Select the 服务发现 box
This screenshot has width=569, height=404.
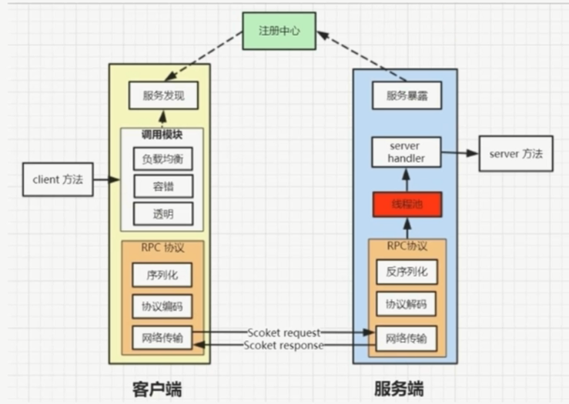click(x=163, y=95)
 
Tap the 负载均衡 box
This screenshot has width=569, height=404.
click(x=162, y=159)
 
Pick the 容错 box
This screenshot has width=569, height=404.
click(x=162, y=185)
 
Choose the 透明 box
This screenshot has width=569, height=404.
click(x=162, y=212)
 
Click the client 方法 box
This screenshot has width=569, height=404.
click(x=58, y=179)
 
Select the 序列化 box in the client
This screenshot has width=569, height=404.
click(x=162, y=275)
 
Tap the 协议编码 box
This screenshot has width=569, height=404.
click(x=162, y=306)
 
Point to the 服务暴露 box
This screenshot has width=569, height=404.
click(x=406, y=96)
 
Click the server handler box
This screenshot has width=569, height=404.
click(x=406, y=152)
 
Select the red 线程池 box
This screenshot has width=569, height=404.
click(x=406, y=204)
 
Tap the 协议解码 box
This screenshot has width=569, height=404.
click(x=406, y=305)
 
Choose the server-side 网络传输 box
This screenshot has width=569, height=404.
click(x=406, y=337)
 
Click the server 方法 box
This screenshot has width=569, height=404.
click(x=515, y=154)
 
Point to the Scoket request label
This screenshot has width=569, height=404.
click(x=283, y=332)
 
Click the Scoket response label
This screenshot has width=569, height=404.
click(x=283, y=346)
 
